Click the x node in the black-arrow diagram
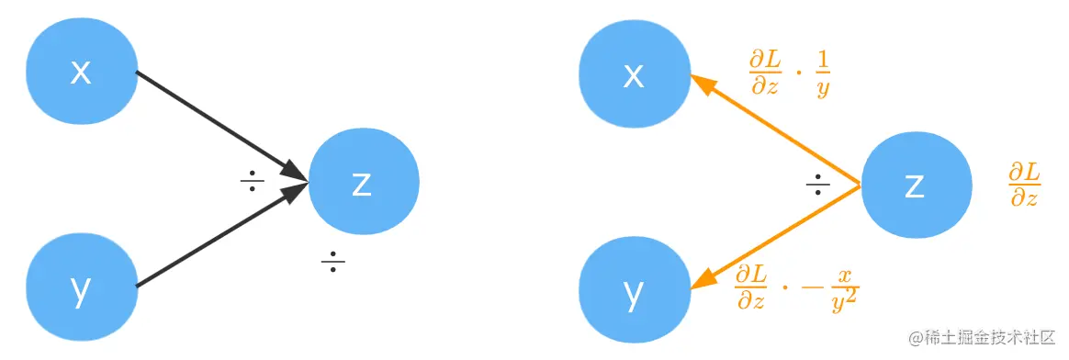[x=81, y=72]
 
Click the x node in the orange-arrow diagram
[x=634, y=74]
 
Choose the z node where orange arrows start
[x=915, y=185]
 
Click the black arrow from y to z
[x=220, y=241]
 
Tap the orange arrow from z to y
[x=776, y=235]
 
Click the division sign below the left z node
[x=332, y=264]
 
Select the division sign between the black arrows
[x=252, y=181]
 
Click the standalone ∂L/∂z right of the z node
[x=1024, y=185]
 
